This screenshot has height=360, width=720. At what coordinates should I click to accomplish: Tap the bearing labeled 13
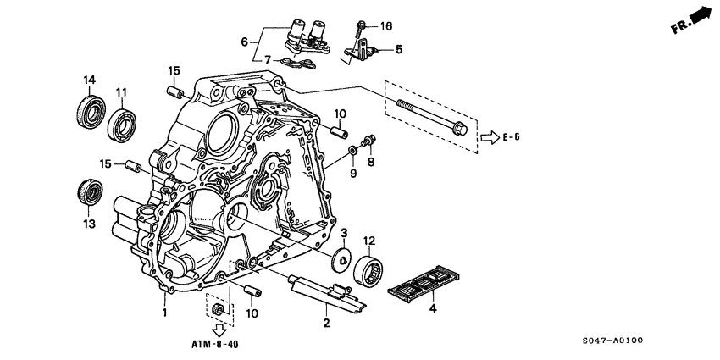pos(87,192)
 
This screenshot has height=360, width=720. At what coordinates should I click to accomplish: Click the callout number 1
pos(165,313)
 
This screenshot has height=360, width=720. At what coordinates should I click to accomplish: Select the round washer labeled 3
pos(344,260)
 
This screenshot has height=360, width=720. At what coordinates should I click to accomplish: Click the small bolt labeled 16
pos(362,26)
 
